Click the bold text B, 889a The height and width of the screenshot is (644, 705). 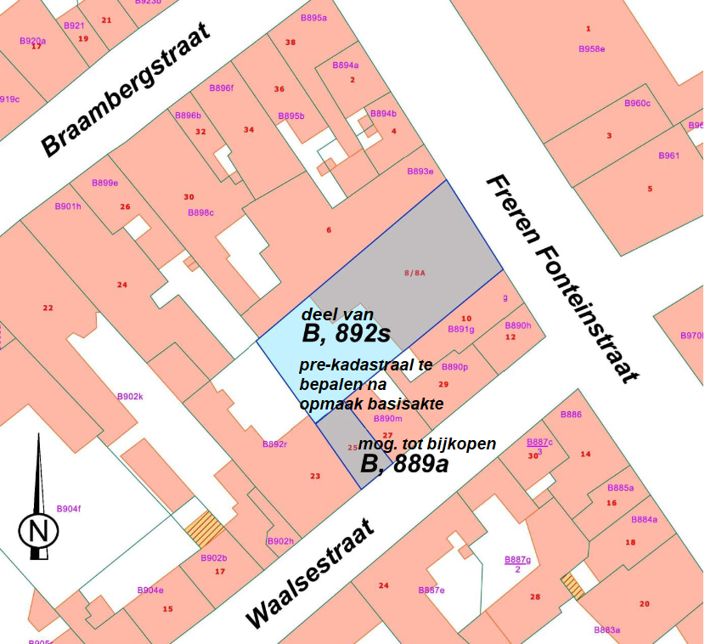coord(404,464)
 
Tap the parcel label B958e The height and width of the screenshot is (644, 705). coord(592,49)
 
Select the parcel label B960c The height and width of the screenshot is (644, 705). coord(637,104)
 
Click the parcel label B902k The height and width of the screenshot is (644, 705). coord(130,397)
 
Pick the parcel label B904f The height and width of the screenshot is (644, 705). coord(69,509)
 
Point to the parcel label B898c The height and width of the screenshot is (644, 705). coord(200,212)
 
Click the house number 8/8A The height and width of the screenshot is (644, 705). coord(414,273)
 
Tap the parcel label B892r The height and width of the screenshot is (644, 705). coord(274,444)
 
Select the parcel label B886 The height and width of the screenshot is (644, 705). coord(572,415)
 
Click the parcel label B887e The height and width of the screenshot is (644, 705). coord(431,590)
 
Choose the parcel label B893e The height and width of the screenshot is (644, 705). coord(420,172)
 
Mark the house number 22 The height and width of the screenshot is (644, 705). coord(48,308)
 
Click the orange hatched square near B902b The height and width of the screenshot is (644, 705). coord(206,529)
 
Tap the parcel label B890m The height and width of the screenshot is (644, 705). coord(387,419)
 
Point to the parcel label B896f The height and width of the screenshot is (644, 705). coord(221,88)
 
